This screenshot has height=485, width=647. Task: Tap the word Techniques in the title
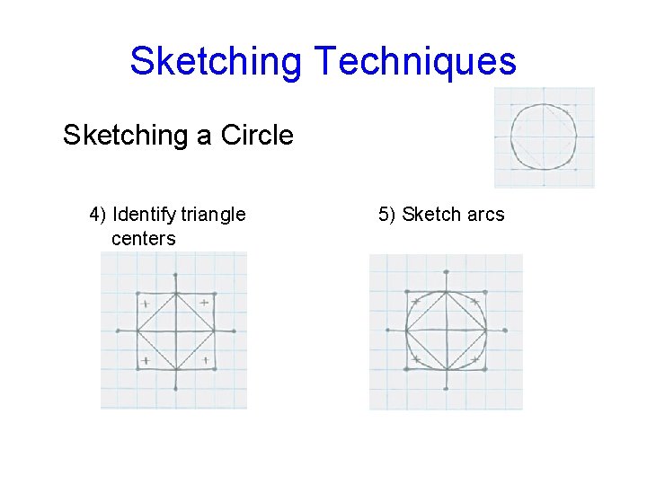(415, 61)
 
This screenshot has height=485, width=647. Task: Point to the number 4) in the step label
(98, 215)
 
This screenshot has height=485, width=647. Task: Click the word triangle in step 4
(213, 215)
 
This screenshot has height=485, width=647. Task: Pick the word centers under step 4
(143, 238)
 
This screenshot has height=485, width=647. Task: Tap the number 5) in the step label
(387, 215)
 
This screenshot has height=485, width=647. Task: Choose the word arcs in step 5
(485, 215)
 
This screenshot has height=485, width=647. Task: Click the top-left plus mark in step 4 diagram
(145, 304)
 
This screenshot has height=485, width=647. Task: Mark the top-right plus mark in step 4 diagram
(204, 303)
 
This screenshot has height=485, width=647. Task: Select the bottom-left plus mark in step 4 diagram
(145, 360)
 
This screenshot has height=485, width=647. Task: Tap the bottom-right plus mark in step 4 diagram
(206, 360)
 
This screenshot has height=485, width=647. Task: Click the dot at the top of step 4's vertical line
(175, 275)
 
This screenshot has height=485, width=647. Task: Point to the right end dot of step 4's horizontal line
(234, 331)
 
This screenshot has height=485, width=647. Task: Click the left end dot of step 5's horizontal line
(388, 330)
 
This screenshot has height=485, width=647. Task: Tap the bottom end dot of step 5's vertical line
(447, 388)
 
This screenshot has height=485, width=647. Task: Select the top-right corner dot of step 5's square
(485, 292)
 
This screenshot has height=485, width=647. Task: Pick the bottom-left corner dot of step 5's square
(407, 367)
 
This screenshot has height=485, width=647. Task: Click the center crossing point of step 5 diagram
(447, 330)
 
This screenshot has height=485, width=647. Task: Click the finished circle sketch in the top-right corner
(544, 137)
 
